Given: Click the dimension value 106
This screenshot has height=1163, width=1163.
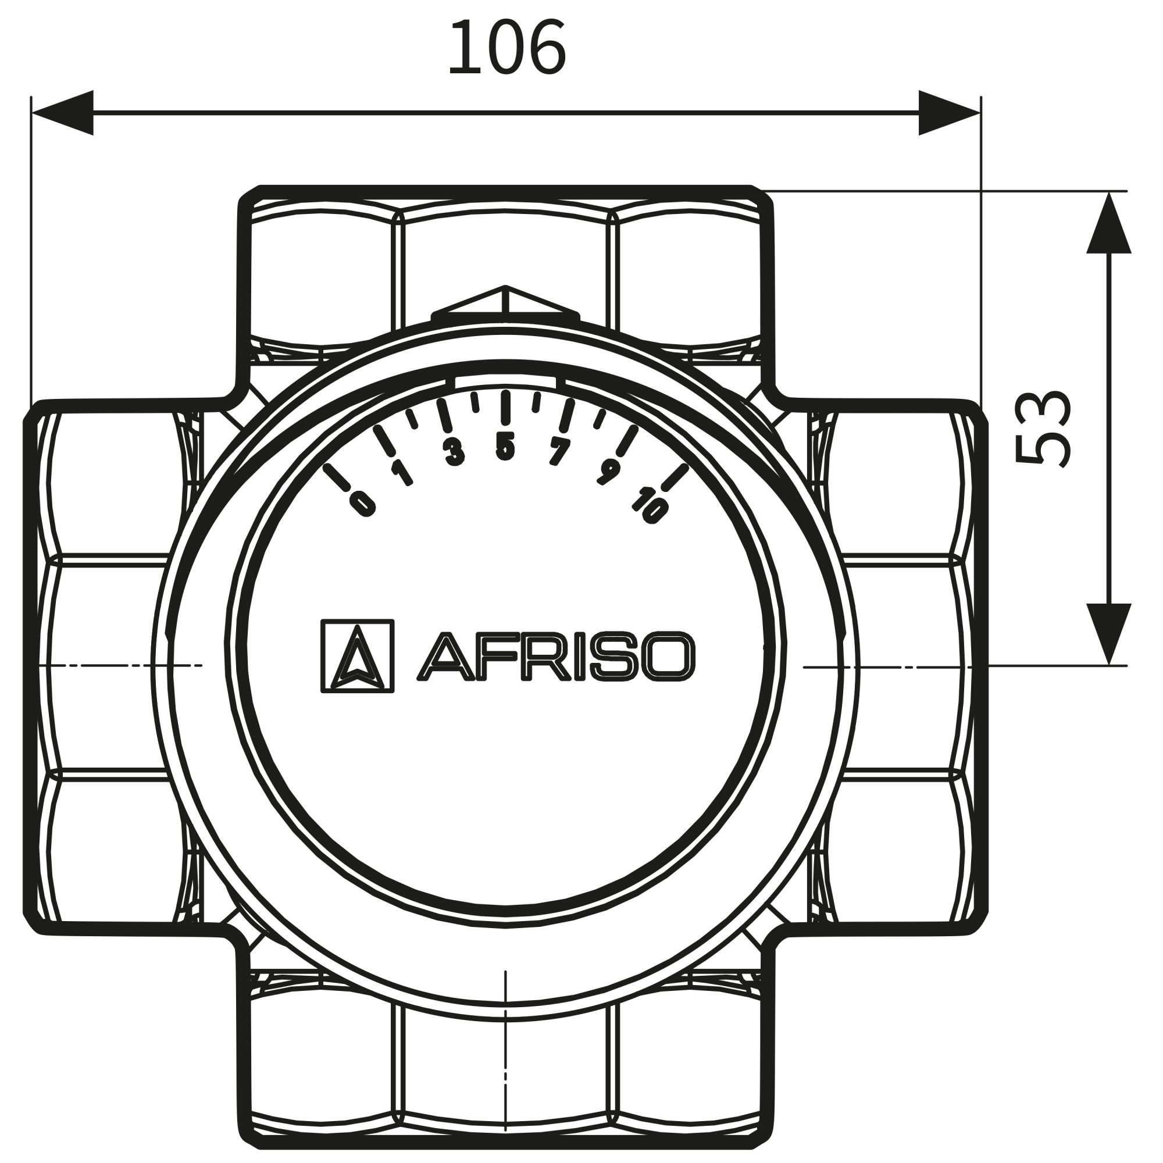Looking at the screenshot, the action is pos(507,48).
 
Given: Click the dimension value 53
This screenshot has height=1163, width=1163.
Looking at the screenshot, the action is pos(1043,428).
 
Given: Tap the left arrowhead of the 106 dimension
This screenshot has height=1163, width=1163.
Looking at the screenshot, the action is pos(63,113).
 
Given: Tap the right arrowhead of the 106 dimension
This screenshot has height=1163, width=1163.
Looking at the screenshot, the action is pos(950,113).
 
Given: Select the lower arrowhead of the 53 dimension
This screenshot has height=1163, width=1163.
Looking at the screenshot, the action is pos(1109,634).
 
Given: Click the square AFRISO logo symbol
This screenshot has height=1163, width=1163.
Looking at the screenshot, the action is pos(358,656).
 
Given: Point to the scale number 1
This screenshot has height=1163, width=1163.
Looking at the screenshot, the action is pos(401,473).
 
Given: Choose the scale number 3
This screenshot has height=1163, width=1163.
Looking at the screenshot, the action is pos(455,452).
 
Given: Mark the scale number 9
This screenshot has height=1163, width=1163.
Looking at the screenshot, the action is pos(608,473).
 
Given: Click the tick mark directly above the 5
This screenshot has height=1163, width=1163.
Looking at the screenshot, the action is pos(506,408).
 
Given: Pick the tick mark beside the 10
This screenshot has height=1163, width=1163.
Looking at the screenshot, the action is pos(674,477).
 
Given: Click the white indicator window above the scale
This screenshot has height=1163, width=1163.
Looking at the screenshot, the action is pos(506,381).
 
